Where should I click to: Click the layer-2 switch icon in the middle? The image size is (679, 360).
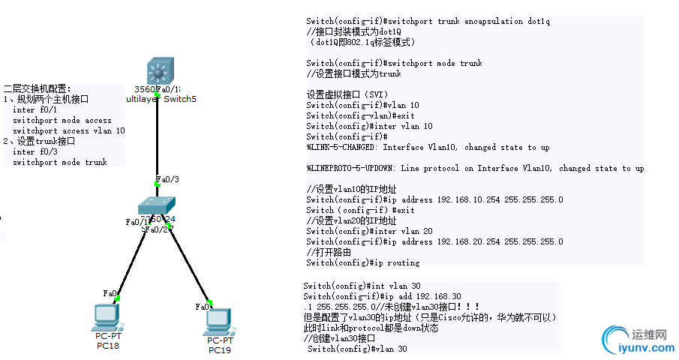157,206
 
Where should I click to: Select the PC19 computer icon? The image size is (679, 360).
217,322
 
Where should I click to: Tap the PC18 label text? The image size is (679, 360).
108,345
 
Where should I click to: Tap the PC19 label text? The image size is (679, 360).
220,349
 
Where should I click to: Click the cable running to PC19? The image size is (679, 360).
185,266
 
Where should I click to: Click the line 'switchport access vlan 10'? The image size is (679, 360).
68,130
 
